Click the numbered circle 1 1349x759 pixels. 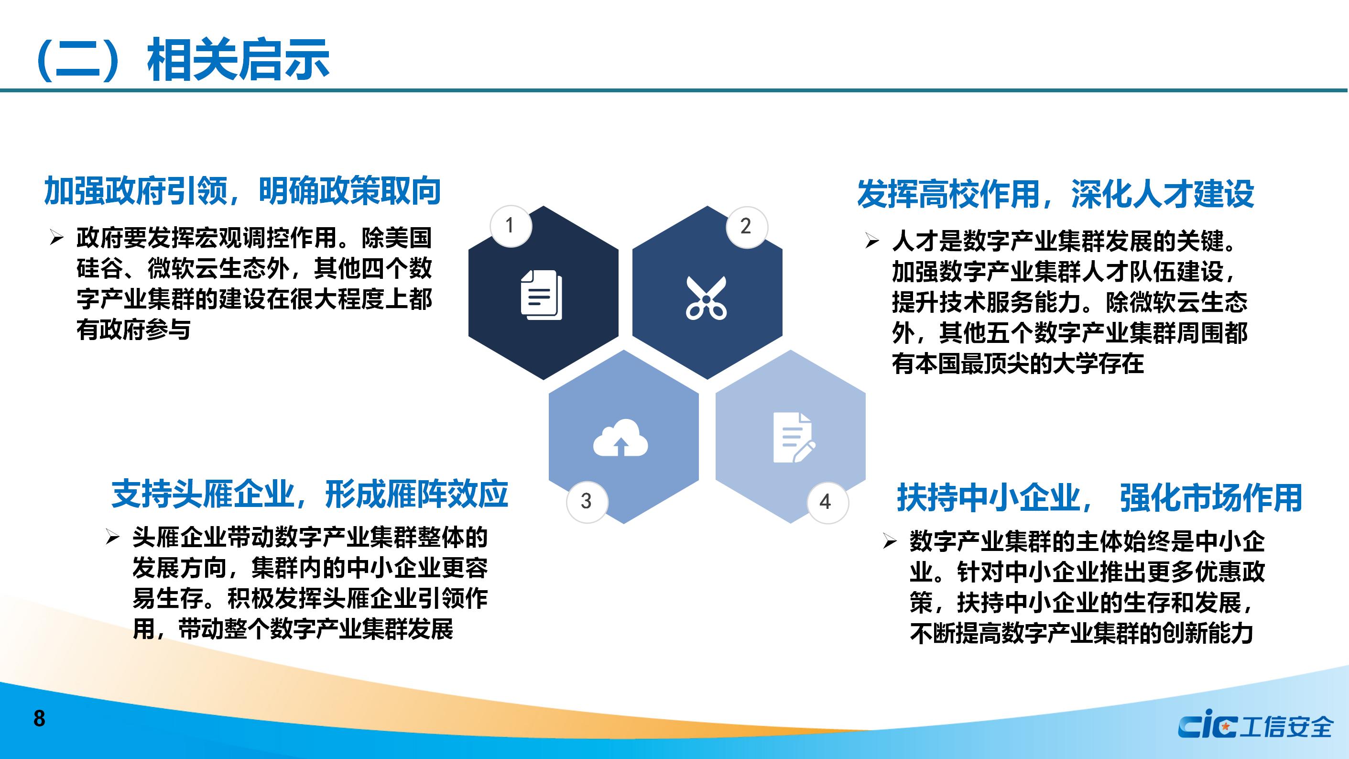511,226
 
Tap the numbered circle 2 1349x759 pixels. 747,226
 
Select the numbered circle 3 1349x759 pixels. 587,501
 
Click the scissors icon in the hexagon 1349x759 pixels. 707,298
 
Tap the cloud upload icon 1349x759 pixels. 620,438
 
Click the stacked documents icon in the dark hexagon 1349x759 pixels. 542,295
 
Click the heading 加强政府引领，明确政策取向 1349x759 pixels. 242,191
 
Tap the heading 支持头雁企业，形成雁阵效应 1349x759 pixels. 309,494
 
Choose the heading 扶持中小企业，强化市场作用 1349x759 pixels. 1100,497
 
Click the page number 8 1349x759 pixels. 39,719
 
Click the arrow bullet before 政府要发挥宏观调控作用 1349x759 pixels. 56,238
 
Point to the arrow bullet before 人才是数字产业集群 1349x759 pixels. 872,241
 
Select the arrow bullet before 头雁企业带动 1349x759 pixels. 113,538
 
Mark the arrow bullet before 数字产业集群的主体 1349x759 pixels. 890,541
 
